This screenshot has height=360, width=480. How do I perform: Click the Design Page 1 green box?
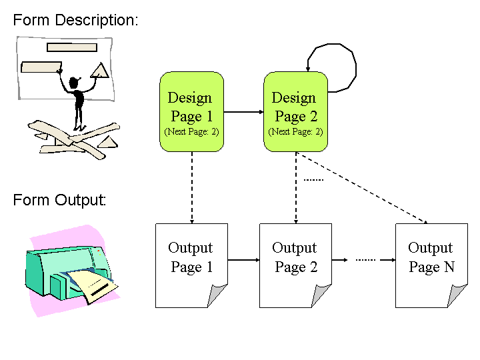[x=191, y=112]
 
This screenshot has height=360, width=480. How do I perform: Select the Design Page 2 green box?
[x=296, y=112]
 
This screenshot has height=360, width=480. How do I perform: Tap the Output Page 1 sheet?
[x=191, y=266]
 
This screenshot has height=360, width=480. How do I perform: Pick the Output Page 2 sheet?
[x=296, y=266]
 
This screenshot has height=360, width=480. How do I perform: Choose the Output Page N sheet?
[x=431, y=266]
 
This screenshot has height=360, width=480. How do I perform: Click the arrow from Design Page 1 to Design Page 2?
[x=244, y=112]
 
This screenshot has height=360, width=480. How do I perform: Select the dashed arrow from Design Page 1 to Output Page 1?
[x=192, y=187]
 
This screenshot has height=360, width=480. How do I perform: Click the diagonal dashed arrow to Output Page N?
[x=362, y=188]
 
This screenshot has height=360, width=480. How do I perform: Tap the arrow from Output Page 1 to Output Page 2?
[x=244, y=260]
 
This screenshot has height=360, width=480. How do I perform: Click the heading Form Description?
[x=75, y=21]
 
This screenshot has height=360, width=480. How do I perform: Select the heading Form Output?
[x=59, y=200]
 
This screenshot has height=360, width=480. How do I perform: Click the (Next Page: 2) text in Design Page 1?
[x=191, y=131]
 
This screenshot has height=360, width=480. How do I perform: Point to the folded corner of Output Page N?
[x=457, y=295]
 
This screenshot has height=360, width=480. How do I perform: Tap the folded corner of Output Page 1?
[x=217, y=295]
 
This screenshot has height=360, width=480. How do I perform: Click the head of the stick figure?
[x=74, y=83]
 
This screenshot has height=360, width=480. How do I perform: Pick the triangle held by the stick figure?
[x=100, y=71]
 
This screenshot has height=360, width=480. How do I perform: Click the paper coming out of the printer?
[x=92, y=285]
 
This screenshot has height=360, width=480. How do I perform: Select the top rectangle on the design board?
[x=72, y=47]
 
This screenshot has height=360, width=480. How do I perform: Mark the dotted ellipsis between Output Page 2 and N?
[x=365, y=260]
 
